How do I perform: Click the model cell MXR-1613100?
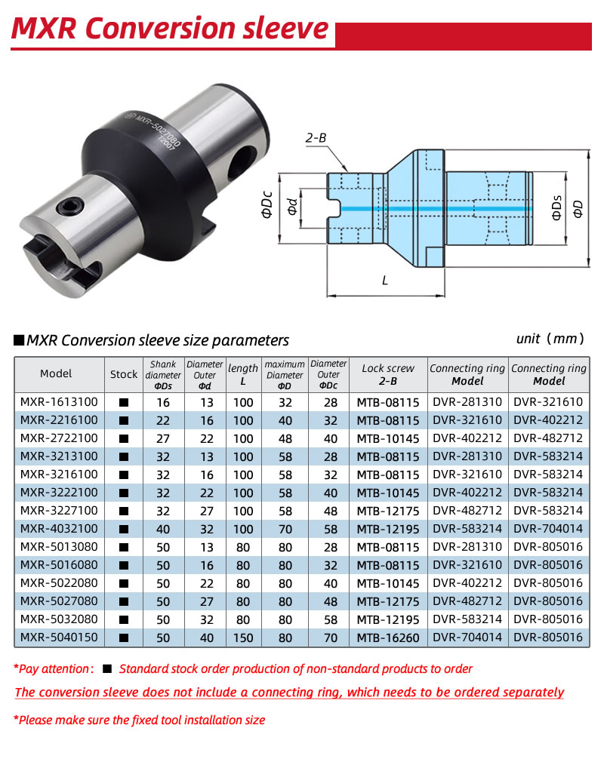click(59, 402)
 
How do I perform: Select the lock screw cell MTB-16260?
click(388, 637)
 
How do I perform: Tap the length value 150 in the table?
click(243, 637)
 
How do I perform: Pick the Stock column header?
click(124, 374)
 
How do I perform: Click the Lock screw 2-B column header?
click(388, 374)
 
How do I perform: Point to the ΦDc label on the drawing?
click(267, 204)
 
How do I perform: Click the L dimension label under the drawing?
click(385, 281)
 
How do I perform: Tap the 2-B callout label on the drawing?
click(316, 137)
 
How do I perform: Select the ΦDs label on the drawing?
click(556, 207)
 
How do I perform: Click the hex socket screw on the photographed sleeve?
click(69, 206)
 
